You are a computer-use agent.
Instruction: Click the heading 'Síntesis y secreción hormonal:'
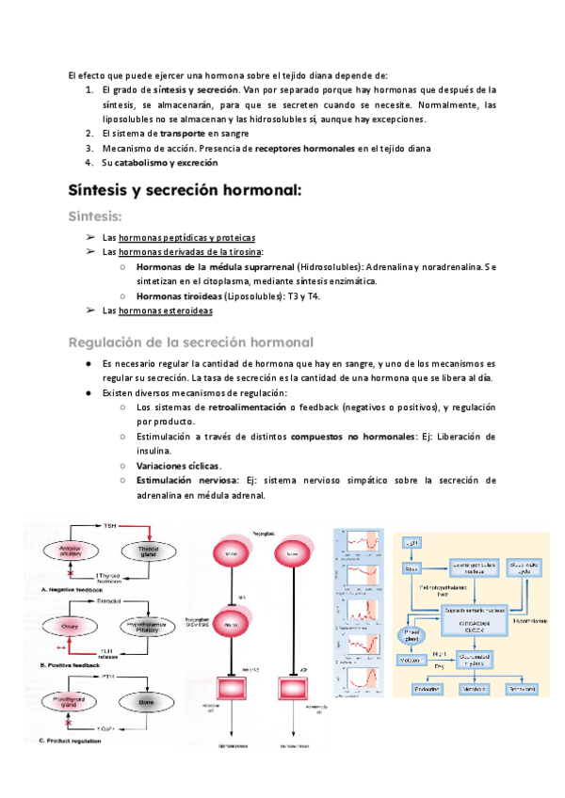[185, 189]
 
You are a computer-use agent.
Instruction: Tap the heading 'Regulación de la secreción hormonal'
[191, 341]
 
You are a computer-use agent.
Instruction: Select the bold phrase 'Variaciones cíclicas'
[178, 465]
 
